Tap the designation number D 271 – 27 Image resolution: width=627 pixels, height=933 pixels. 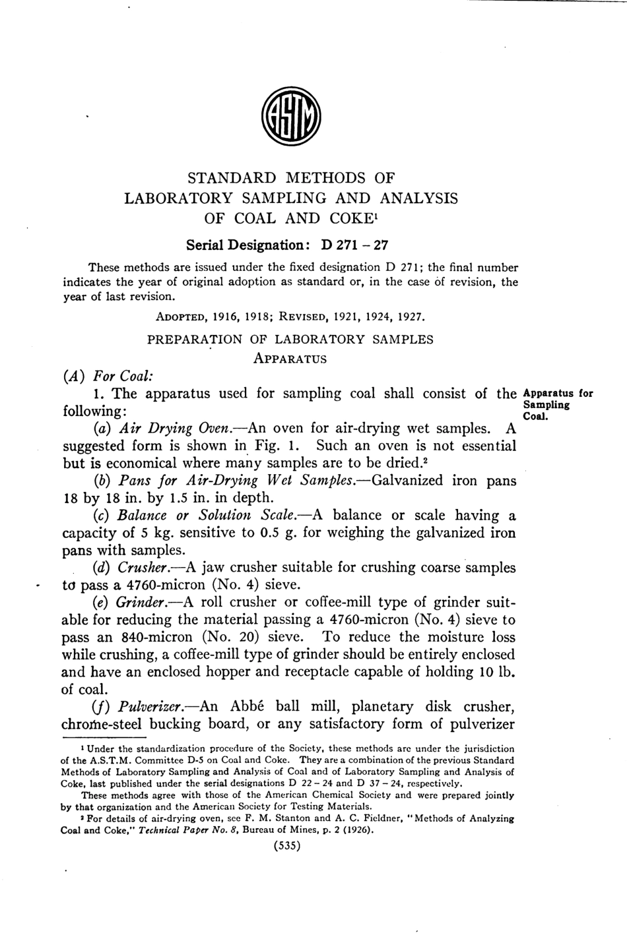coord(354,245)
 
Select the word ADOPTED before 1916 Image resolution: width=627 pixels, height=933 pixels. coord(180,316)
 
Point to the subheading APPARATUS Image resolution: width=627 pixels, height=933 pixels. coord(290,359)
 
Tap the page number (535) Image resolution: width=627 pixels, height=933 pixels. coord(287,846)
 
